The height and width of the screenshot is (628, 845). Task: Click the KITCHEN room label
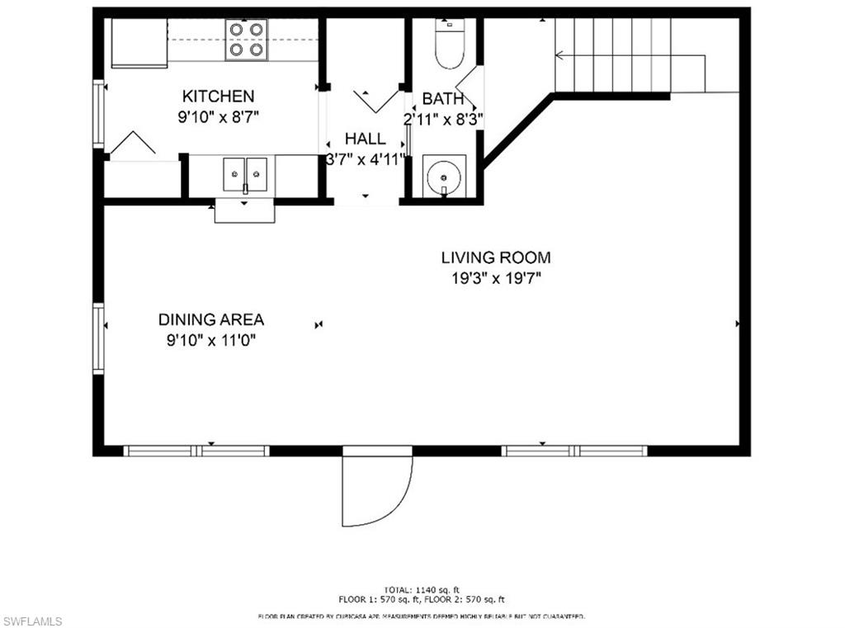(218, 97)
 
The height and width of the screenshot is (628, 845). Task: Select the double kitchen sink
(245, 174)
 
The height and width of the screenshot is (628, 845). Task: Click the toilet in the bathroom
(450, 46)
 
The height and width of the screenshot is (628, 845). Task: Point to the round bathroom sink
(444, 176)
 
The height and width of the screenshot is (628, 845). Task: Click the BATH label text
(442, 99)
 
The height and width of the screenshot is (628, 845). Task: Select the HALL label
(365, 139)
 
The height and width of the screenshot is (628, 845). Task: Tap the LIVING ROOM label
(495, 257)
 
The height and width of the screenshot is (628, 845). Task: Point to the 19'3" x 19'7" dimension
(495, 278)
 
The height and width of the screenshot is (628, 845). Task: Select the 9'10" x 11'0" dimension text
(211, 340)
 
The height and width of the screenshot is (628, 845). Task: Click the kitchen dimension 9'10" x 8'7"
(218, 117)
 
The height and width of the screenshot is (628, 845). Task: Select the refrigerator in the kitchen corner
(139, 43)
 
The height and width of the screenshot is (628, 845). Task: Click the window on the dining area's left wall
(99, 338)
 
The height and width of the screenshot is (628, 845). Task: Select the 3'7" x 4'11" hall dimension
(365, 159)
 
